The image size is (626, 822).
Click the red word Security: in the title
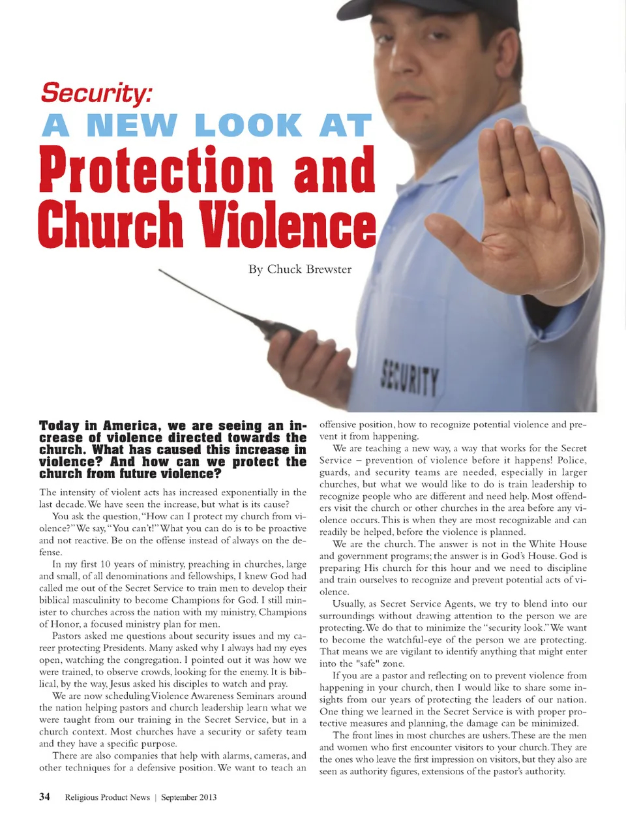(x=96, y=93)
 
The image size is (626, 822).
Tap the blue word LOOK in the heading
(x=248, y=126)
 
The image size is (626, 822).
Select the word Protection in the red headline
(x=156, y=170)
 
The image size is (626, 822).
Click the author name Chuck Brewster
(x=309, y=269)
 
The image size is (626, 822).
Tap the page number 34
(x=44, y=797)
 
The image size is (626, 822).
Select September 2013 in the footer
(x=189, y=797)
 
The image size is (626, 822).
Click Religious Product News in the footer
(x=107, y=797)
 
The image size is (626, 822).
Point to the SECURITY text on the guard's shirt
(x=410, y=378)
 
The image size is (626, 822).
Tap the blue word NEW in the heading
(x=131, y=126)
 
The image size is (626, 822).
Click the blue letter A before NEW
(x=55, y=126)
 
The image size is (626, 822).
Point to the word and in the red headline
(x=334, y=170)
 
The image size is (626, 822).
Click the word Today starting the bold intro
(x=59, y=425)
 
